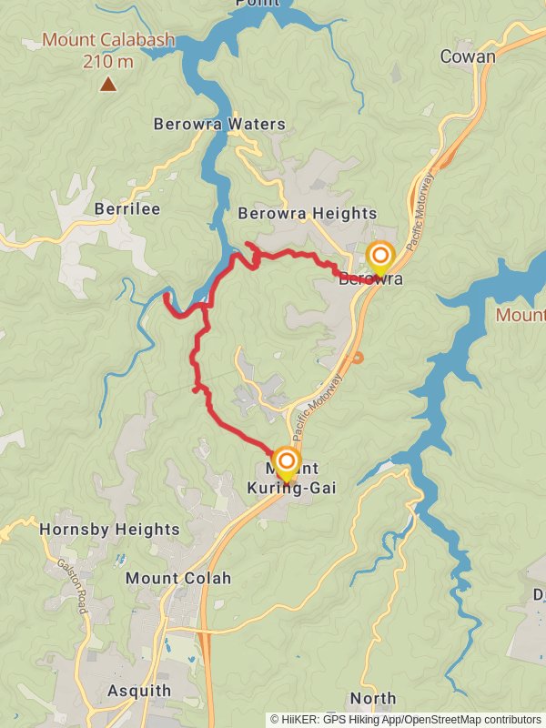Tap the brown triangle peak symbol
108,85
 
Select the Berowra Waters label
219,124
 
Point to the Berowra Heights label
307,213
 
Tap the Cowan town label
468,56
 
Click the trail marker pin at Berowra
379,257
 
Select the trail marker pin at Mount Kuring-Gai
287,462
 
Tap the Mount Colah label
178,578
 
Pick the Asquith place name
137,690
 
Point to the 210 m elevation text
108,62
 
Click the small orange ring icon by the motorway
358,358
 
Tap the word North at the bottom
373,699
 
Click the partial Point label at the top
258,4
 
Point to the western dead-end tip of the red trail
166,295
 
